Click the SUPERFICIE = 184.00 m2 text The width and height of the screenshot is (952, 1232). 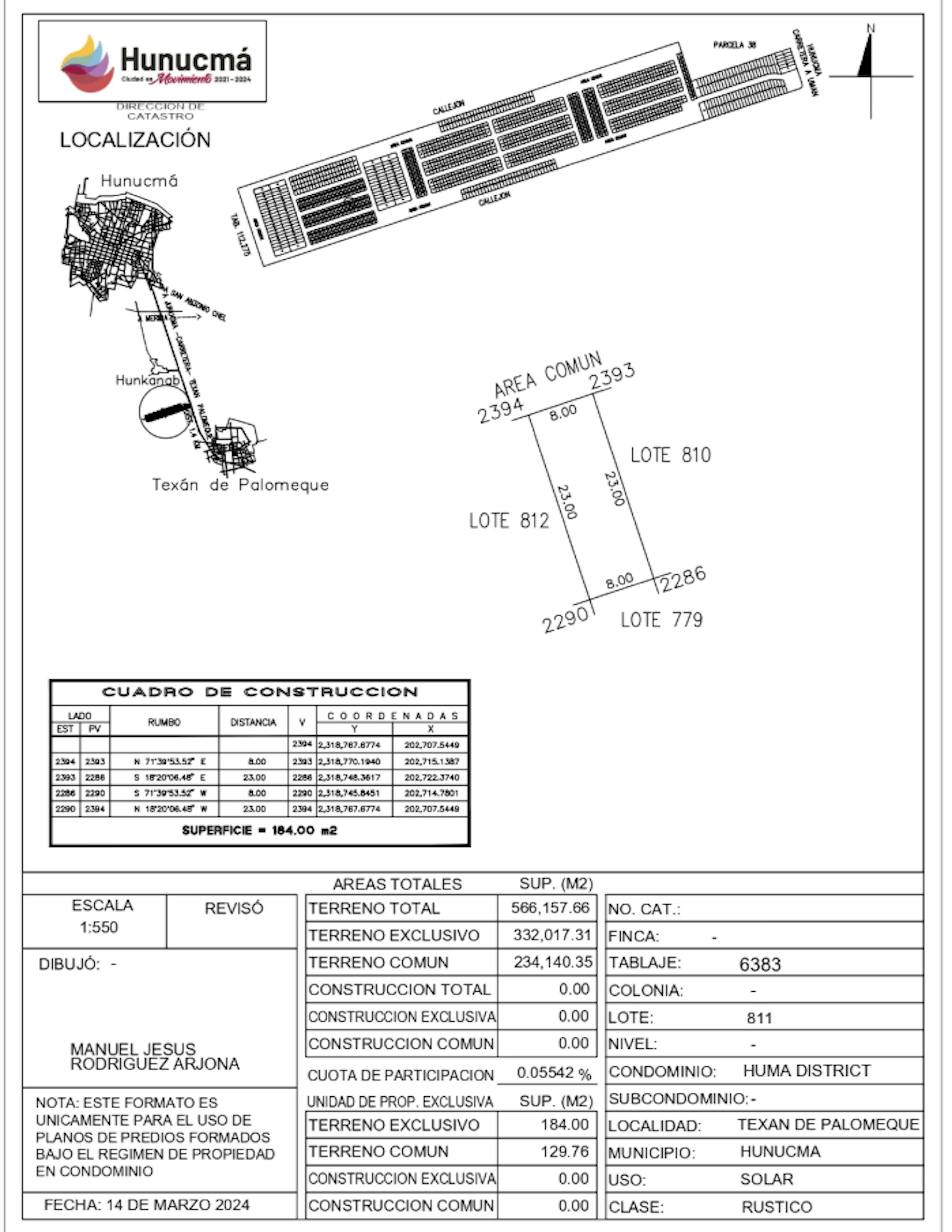click(x=259, y=830)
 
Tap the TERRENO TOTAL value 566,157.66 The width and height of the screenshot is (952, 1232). click(x=550, y=908)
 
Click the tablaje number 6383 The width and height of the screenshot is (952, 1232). click(x=759, y=964)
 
